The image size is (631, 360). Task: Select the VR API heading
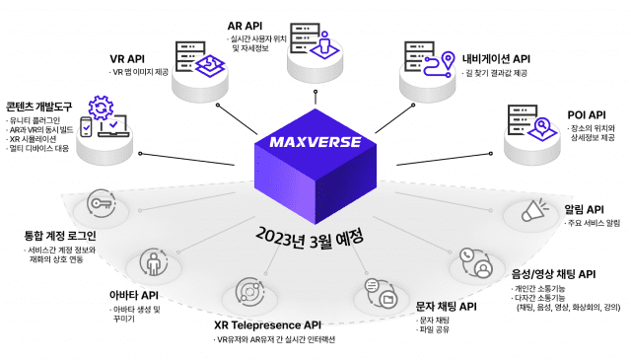point(128,58)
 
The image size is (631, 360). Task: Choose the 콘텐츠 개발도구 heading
point(38,106)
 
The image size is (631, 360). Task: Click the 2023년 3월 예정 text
point(310,238)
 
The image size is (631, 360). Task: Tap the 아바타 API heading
point(133,294)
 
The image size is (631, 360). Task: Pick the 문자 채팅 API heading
point(446,306)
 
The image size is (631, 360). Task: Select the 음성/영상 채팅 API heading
point(553,273)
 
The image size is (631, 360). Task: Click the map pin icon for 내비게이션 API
point(445,58)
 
